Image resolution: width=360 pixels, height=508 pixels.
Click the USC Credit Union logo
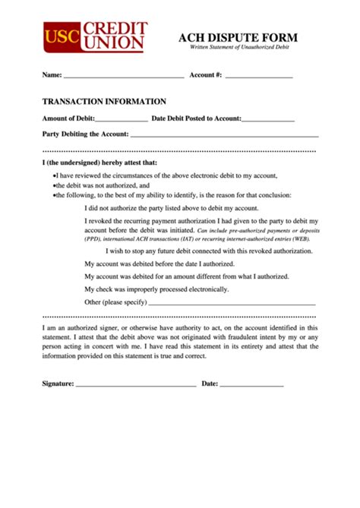[x=94, y=37]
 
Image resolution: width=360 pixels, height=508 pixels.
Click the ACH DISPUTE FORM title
[x=238, y=38]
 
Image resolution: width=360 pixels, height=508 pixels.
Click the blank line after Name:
[x=124, y=77]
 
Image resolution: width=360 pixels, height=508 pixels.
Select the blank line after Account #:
[x=259, y=77]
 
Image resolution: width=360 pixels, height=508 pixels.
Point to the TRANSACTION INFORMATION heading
[x=104, y=101]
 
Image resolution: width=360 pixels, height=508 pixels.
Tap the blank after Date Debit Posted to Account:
[x=267, y=120]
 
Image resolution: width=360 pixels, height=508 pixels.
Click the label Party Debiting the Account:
[x=85, y=134]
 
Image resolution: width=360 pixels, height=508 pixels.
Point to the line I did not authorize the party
[x=172, y=207]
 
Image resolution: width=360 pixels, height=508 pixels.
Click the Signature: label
[x=58, y=384]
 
